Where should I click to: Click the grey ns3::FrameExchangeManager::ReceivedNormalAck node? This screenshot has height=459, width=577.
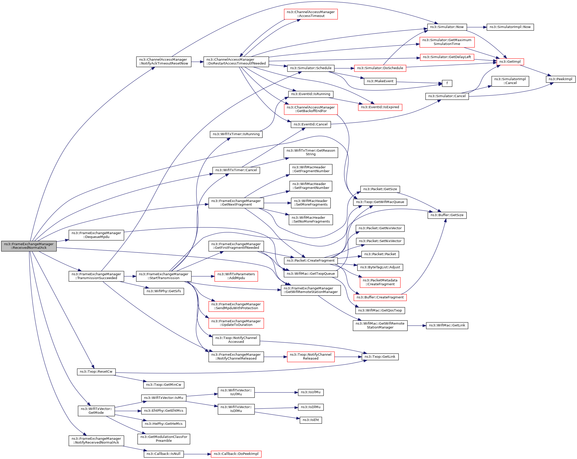(x=29, y=246)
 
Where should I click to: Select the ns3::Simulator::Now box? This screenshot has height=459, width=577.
(x=447, y=27)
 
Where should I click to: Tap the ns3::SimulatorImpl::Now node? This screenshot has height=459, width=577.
(x=510, y=27)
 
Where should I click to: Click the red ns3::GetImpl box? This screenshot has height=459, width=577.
(x=510, y=62)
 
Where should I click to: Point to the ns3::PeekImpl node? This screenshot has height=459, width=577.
(x=560, y=79)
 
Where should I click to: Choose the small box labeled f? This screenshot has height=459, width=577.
(x=447, y=83)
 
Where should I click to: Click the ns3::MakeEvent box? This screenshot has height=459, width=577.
(x=380, y=81)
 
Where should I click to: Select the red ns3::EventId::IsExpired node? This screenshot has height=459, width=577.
(x=380, y=107)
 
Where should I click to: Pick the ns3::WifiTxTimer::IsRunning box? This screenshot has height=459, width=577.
(x=236, y=134)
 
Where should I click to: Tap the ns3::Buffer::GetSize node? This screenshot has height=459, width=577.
(x=447, y=215)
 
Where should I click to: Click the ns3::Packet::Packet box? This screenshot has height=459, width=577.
(x=380, y=254)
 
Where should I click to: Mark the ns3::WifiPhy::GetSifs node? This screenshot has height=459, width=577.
(x=164, y=291)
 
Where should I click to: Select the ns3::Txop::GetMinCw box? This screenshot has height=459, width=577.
(x=164, y=385)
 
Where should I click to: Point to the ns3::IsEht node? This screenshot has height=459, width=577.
(x=311, y=420)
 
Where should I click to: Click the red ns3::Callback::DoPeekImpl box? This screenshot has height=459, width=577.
(x=236, y=454)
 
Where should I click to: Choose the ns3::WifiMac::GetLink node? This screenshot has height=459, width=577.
(x=447, y=325)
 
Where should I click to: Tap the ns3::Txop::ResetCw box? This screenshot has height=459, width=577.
(x=96, y=372)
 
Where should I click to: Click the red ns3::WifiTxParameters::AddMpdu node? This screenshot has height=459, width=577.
(x=236, y=276)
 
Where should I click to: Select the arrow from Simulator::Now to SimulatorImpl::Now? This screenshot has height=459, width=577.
(x=477, y=27)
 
